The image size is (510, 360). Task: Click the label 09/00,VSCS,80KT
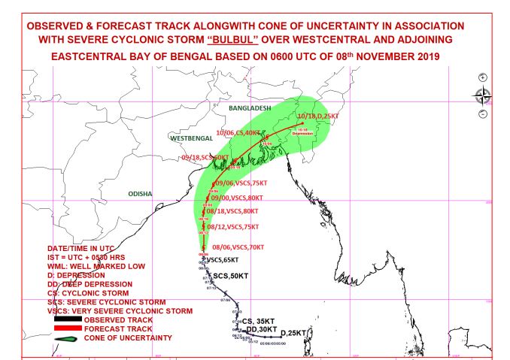point(240,198)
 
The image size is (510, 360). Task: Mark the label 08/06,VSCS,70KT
point(238,247)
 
